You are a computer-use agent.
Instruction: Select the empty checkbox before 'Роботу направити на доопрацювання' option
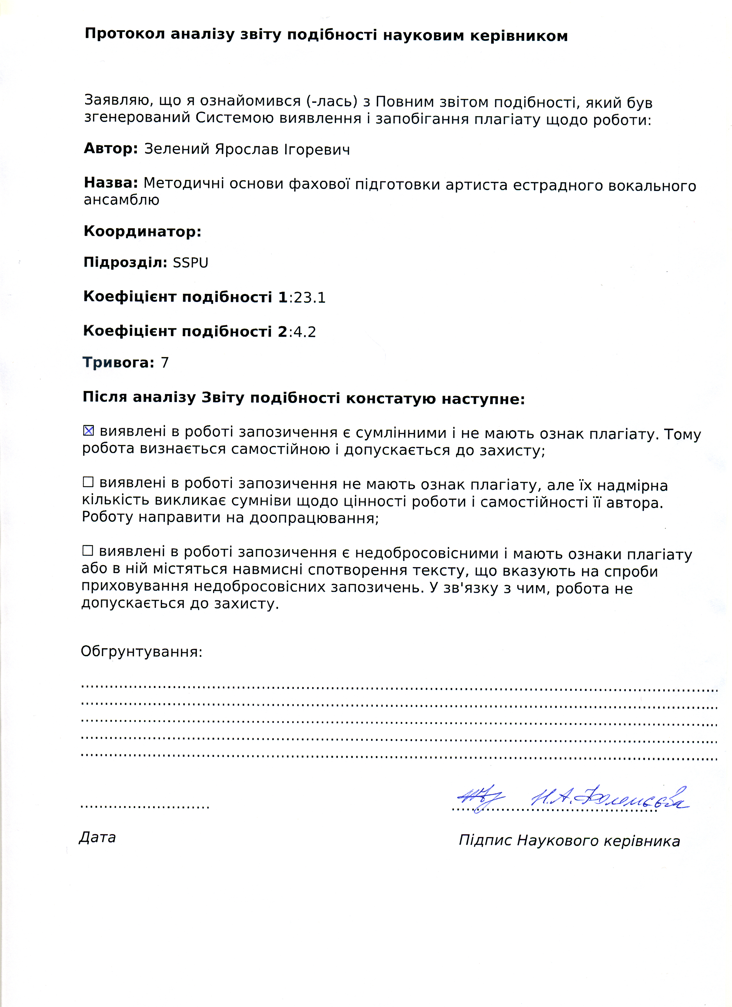[88, 482]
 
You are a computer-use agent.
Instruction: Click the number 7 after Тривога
[165, 363]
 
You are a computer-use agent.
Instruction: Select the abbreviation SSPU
[190, 263]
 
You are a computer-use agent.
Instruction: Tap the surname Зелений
[177, 149]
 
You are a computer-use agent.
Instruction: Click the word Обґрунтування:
[141, 652]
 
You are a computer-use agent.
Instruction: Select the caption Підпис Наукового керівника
[569, 840]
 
